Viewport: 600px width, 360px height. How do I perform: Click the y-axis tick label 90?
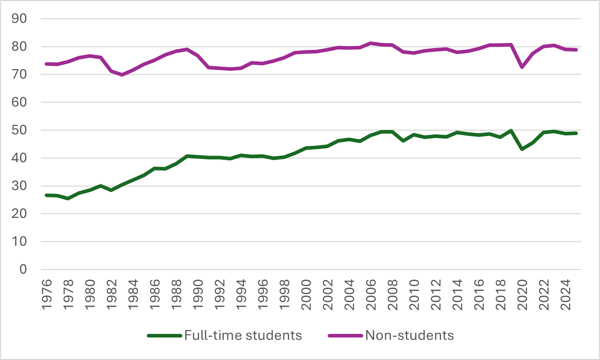(x=19, y=19)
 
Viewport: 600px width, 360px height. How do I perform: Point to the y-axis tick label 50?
(x=19, y=130)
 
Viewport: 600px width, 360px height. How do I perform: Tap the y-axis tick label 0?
(x=23, y=269)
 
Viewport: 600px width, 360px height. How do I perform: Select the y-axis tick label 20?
(x=19, y=214)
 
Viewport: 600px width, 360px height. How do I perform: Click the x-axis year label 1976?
(x=47, y=295)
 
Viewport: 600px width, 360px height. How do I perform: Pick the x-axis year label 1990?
(x=198, y=295)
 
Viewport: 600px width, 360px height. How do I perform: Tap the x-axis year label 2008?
(x=393, y=295)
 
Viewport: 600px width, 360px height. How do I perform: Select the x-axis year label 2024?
(x=565, y=295)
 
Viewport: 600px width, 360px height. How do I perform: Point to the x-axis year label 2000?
(x=306, y=295)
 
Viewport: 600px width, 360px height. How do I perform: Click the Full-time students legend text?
(x=243, y=335)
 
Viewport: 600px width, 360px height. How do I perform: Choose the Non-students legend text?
(x=409, y=335)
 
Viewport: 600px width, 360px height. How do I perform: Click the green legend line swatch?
(x=165, y=336)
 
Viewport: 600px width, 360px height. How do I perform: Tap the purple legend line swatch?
(x=345, y=336)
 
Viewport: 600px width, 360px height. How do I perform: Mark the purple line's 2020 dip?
(x=522, y=67)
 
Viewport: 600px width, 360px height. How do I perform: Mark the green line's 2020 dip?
(x=522, y=149)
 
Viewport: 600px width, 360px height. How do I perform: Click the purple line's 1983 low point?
(x=122, y=75)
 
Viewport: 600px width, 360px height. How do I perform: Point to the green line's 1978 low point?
(x=68, y=199)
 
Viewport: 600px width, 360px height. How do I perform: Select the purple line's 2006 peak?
(x=370, y=43)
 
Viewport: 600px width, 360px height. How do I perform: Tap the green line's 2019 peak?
(x=511, y=131)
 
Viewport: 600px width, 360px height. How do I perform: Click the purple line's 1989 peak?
(x=187, y=49)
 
